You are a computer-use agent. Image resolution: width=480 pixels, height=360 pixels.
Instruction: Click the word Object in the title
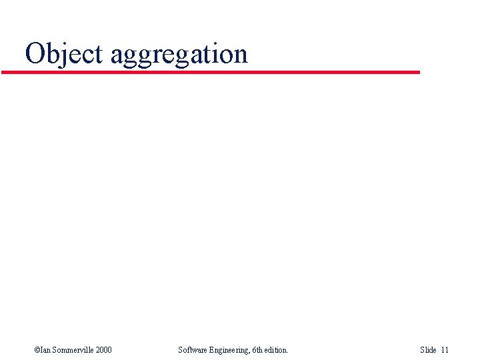[64, 53]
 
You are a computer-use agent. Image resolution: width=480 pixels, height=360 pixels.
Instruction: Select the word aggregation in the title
[179, 55]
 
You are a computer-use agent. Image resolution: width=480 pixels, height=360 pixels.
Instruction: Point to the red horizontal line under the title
[211, 71]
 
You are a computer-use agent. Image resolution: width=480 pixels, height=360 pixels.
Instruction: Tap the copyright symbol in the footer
[36, 349]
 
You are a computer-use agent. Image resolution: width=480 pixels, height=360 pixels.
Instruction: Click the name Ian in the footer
[44, 349]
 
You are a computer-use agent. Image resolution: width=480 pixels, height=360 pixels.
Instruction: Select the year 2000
[103, 349]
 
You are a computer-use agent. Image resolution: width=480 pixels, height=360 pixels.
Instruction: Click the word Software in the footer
[193, 349]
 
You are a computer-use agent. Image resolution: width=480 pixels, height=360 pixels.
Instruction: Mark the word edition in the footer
[277, 349]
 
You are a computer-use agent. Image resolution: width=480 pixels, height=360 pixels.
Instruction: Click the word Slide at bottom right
[428, 349]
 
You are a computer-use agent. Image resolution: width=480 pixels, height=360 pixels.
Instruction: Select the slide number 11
[445, 349]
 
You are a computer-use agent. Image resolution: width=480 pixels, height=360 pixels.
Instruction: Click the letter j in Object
[61, 55]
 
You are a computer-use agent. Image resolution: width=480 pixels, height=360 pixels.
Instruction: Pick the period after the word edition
[287, 352]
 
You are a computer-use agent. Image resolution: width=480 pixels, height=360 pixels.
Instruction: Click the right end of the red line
[419, 71]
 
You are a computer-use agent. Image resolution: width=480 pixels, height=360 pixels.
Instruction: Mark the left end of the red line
[3, 71]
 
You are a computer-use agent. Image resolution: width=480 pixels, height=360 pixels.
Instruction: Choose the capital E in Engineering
[213, 349]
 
